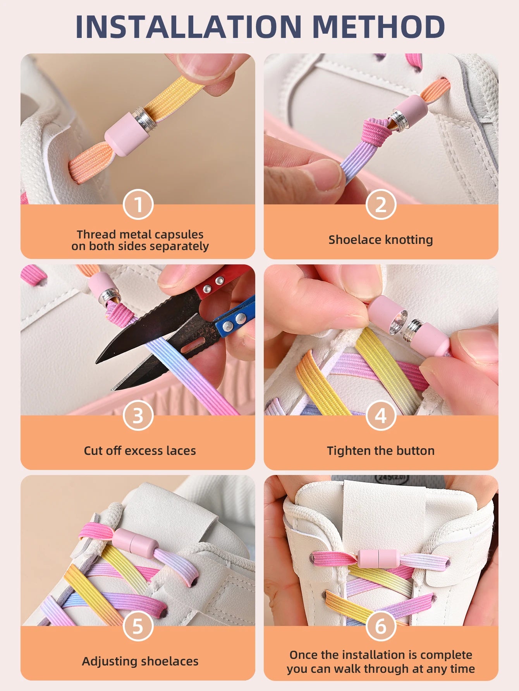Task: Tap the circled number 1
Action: tap(138, 204)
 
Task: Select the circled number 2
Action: tap(381, 204)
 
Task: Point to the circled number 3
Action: tap(138, 415)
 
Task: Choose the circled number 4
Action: tap(381, 415)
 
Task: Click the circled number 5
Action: tap(138, 626)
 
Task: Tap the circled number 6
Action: tap(381, 626)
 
